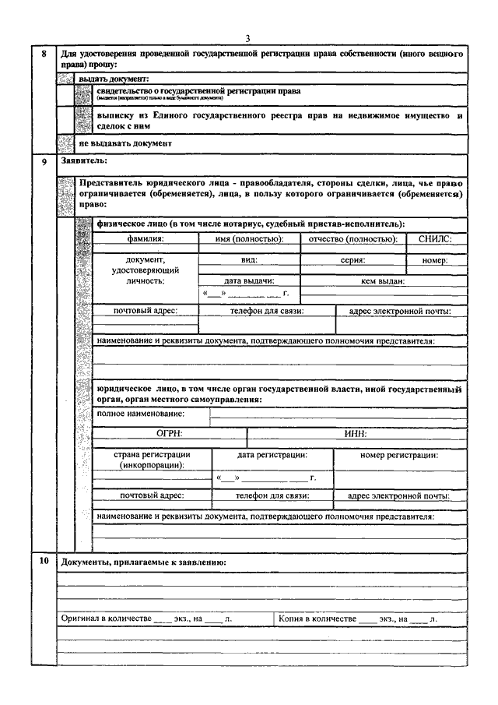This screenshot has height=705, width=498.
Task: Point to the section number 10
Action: click(44, 561)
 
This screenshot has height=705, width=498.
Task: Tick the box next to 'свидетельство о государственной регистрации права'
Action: click(83, 94)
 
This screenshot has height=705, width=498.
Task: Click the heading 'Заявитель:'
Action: click(83, 161)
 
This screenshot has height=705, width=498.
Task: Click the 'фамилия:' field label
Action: click(146, 239)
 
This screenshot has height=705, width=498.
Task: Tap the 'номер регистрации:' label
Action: click(400, 455)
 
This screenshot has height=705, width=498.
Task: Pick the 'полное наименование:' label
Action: click(141, 413)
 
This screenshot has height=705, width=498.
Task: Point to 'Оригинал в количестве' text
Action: click(107, 618)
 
